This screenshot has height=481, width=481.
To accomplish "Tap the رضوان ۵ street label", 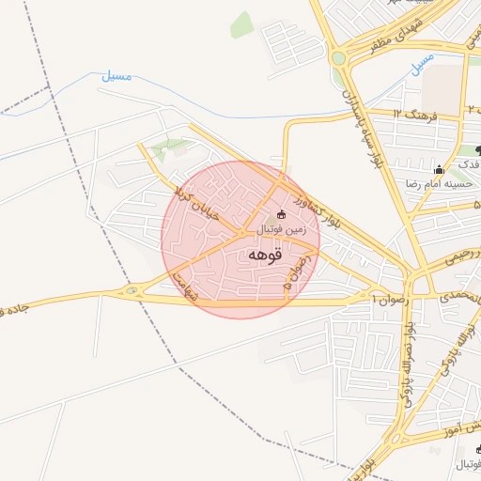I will (296, 270).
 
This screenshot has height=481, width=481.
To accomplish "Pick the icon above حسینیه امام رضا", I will (439, 169).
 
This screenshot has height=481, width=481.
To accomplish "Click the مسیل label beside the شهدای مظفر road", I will (422, 63).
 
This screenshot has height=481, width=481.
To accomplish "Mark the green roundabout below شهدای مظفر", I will (338, 58).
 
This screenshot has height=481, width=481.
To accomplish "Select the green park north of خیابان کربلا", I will (169, 147).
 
